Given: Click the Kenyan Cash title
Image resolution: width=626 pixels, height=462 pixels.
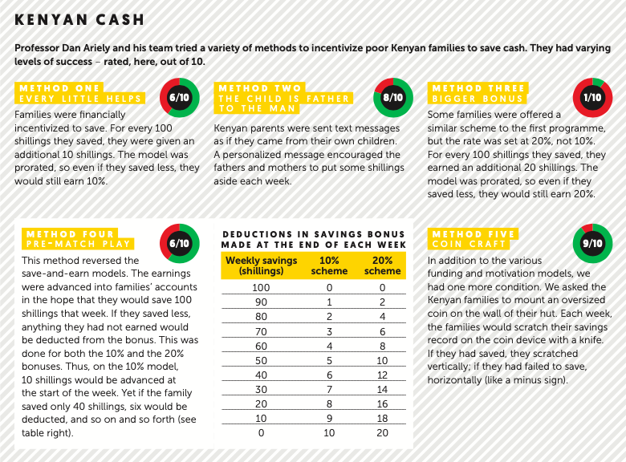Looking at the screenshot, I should pos(80,18).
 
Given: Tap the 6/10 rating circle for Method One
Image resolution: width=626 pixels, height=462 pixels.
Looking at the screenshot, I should pos(179,97).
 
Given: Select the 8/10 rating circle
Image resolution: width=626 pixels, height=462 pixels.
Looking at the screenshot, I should pos(392,98).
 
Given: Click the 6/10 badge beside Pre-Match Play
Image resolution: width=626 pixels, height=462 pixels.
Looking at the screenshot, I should pos(179,243).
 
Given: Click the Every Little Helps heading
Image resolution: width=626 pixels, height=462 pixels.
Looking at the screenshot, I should pos(80,99).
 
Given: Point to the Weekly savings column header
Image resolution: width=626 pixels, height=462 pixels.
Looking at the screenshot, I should pos(261,265).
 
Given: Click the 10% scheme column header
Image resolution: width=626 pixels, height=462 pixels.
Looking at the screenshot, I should pos(329,265).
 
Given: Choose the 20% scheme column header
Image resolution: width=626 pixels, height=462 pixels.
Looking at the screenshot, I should pos(382,265).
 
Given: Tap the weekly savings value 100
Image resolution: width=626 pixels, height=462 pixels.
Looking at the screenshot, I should pos(261,287).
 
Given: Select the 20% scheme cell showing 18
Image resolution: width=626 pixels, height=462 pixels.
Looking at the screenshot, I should pos(382,417).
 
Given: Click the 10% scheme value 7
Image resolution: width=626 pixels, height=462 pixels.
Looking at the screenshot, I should pos(329,388).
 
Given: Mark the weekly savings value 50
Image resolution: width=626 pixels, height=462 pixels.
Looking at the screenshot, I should pos(261,359).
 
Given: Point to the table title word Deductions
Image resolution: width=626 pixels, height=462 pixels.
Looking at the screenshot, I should pos(259,233).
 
